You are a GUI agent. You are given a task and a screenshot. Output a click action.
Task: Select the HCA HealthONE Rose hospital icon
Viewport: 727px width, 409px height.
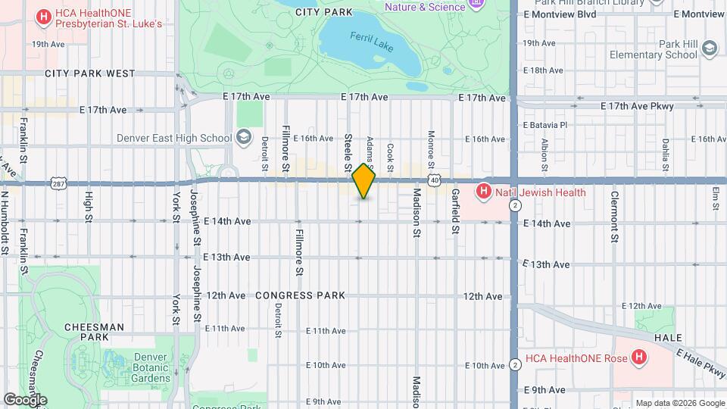[639, 356]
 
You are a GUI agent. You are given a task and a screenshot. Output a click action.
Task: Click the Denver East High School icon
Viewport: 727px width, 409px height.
[243, 137]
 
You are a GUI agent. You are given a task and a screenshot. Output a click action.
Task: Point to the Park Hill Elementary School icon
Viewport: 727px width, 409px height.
[709, 49]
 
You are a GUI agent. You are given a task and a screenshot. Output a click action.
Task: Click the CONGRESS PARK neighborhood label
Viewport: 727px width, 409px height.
[300, 295]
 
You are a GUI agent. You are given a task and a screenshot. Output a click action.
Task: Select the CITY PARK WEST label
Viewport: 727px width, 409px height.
[89, 74]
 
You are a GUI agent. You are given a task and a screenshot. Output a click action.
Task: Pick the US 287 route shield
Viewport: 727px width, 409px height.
[58, 183]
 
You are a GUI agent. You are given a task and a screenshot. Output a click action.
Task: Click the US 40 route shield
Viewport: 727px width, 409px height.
[433, 180]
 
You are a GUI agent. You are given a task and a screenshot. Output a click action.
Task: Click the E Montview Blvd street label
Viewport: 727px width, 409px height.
[560, 14]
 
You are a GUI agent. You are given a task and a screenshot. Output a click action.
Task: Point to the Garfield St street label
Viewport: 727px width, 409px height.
[456, 212]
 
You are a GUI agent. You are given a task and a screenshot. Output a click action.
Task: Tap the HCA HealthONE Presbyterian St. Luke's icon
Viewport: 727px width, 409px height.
[44, 16]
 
